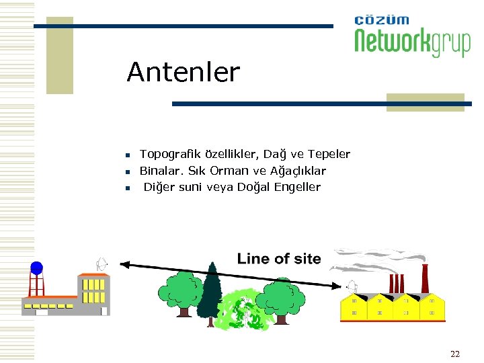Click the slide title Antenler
click(x=183, y=73)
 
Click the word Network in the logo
click(x=393, y=42)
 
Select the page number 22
click(x=454, y=354)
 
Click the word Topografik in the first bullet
click(x=165, y=155)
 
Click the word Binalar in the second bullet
click(x=159, y=171)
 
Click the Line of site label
click(x=278, y=259)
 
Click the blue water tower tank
click(x=36, y=268)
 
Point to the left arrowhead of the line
click(x=124, y=264)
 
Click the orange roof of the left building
click(x=93, y=274)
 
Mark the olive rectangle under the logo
click(x=425, y=102)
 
